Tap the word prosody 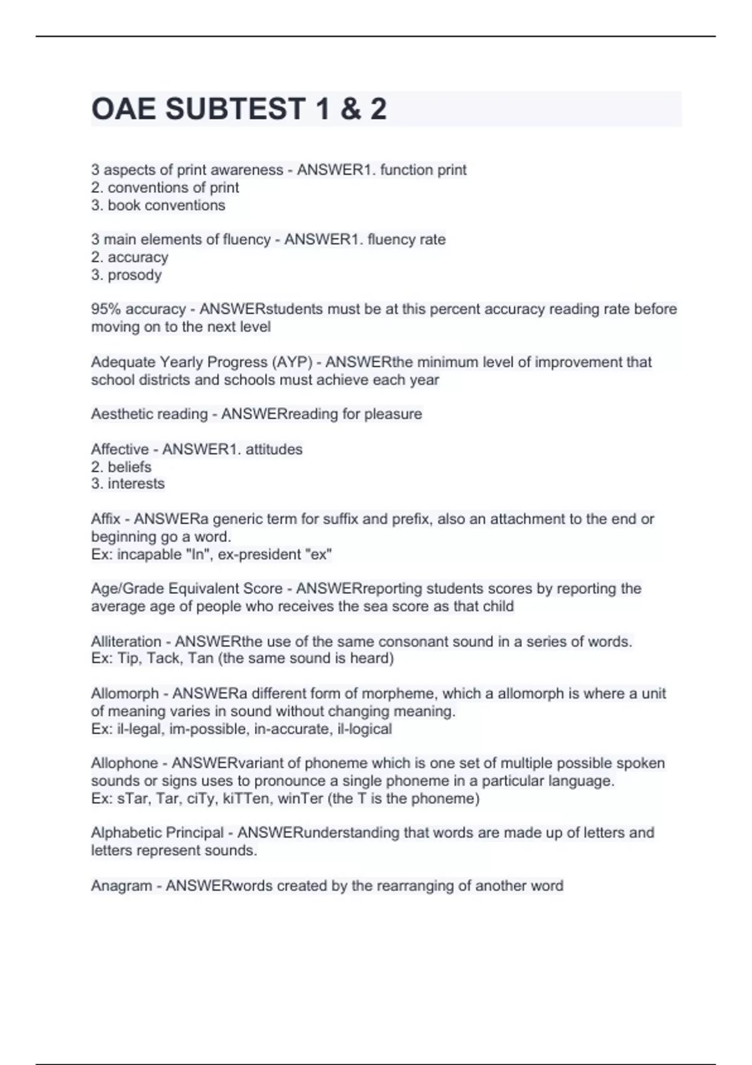pyautogui.click(x=135, y=275)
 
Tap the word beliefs pyautogui.click(x=130, y=467)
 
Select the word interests pyautogui.click(x=136, y=484)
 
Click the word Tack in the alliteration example pyautogui.click(x=165, y=658)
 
